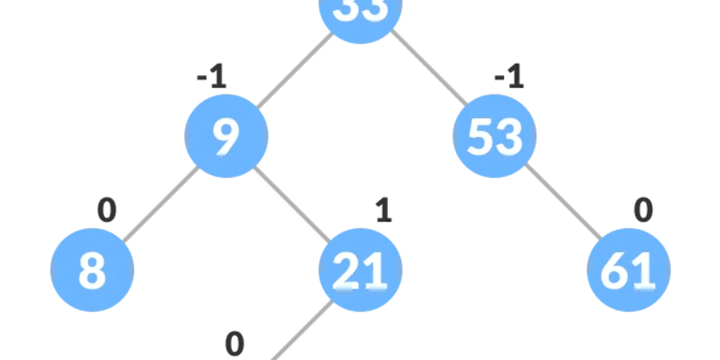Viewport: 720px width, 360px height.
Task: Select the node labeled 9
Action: [x=226, y=136]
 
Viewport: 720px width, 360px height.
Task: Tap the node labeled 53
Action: [x=495, y=136]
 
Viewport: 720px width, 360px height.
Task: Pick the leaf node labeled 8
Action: [x=92, y=271]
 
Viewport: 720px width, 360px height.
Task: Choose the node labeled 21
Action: [x=360, y=271]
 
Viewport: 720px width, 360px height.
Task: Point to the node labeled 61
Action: [x=629, y=271]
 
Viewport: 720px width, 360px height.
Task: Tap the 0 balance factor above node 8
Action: [x=107, y=211]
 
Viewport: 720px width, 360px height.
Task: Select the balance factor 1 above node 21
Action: [x=384, y=211]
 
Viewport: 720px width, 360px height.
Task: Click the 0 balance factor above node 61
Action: [x=643, y=211]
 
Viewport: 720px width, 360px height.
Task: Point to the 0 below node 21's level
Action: [x=235, y=343]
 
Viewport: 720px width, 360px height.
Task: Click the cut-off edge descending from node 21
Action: [x=302, y=331]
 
